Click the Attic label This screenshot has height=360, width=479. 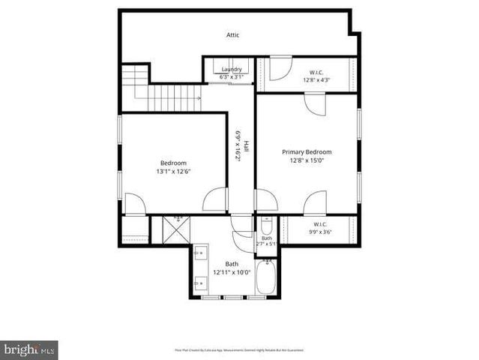coord(233,35)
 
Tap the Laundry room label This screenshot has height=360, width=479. coord(231,70)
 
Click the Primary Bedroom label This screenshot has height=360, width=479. coord(307,151)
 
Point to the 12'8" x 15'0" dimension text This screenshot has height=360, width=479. coord(307,160)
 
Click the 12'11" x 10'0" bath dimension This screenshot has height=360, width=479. coord(231,272)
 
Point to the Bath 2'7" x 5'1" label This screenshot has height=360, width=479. coord(267,241)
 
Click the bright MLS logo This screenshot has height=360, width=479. coord(29,349)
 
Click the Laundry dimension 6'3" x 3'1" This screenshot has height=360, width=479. coord(231,76)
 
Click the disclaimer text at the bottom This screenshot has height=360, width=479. coord(239,349)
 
